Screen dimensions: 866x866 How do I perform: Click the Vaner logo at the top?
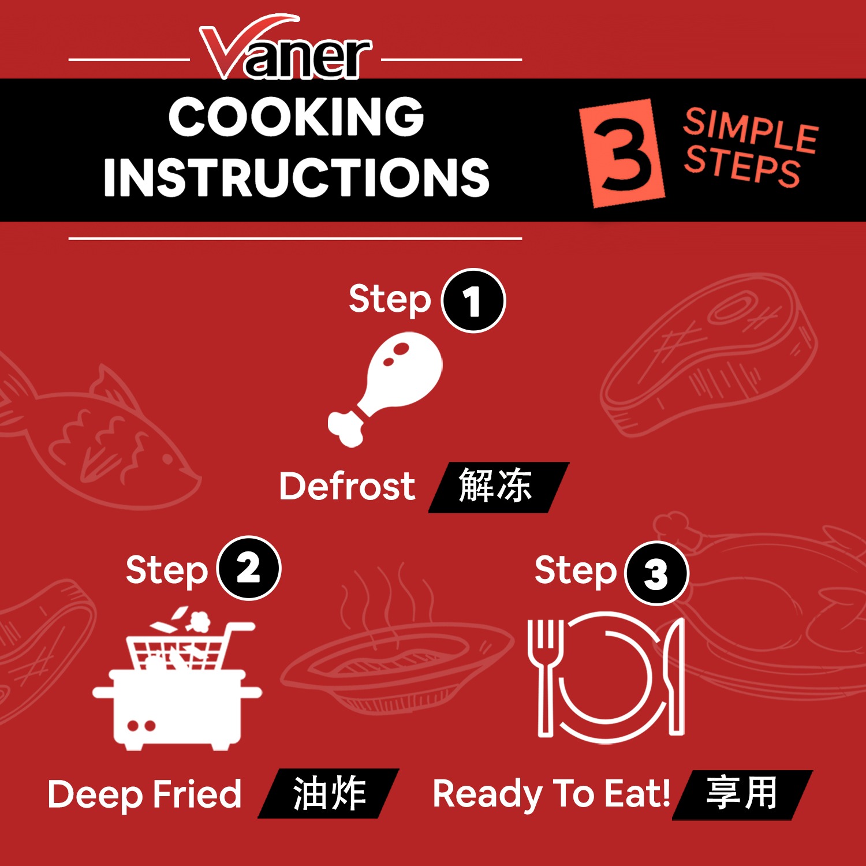point(285,48)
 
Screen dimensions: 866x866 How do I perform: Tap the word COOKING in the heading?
point(297,117)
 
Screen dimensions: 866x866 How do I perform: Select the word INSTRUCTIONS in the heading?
point(297,177)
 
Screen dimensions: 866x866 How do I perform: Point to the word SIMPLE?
point(751,130)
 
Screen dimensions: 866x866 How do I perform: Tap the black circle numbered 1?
point(473,301)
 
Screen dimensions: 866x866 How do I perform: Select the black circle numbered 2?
point(249,569)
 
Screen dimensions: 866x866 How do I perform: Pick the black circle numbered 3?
point(658,574)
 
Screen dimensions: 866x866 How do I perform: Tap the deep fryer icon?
point(177,678)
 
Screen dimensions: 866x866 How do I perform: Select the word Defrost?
point(347,486)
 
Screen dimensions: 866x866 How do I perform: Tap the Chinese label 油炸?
point(329,793)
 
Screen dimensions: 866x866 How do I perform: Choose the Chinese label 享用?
point(742,794)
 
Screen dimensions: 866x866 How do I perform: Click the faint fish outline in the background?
point(95,436)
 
